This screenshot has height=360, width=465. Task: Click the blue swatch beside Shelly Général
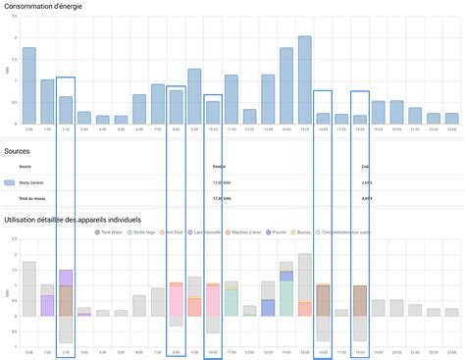(x=9, y=182)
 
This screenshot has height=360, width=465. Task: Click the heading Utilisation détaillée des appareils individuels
(x=74, y=219)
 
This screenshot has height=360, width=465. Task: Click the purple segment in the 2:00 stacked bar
(x=66, y=278)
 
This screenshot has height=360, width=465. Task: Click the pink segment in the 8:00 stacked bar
(x=176, y=300)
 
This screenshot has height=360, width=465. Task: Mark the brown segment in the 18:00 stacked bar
(x=359, y=300)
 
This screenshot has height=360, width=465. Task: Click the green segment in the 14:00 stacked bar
(x=285, y=299)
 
